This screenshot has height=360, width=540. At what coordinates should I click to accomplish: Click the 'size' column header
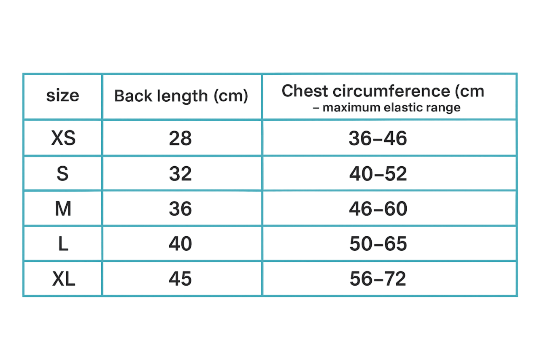(x=62, y=96)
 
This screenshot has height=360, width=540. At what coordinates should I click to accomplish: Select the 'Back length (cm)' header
(x=181, y=96)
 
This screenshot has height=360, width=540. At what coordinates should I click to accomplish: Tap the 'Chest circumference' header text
(x=383, y=91)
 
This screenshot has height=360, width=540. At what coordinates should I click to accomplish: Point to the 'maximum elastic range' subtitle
(x=387, y=108)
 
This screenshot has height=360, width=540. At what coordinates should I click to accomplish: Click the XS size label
(x=63, y=138)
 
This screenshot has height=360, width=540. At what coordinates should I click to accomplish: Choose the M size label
(x=63, y=209)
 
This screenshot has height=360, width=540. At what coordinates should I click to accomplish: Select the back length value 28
(x=180, y=138)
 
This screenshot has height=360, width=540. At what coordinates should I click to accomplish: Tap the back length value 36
(x=180, y=209)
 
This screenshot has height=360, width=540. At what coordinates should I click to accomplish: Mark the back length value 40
(x=180, y=244)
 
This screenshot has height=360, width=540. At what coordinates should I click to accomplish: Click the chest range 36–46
(x=378, y=138)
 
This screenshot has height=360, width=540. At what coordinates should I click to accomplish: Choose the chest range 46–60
(x=378, y=209)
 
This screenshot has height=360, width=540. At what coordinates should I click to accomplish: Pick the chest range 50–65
(x=378, y=244)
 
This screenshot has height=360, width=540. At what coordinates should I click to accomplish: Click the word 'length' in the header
(x=182, y=97)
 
